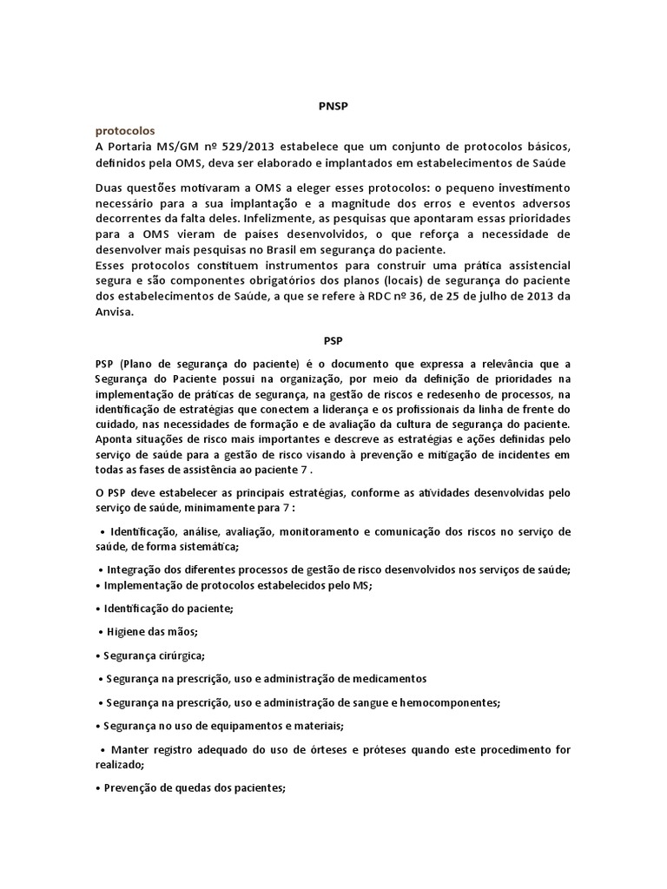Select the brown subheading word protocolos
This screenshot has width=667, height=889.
tap(126, 130)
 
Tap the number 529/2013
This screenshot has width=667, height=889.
tap(261, 146)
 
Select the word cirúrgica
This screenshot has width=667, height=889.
tap(181, 655)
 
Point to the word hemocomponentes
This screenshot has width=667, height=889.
tap(446, 702)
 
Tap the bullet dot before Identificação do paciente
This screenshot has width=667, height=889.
tap(97, 609)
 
